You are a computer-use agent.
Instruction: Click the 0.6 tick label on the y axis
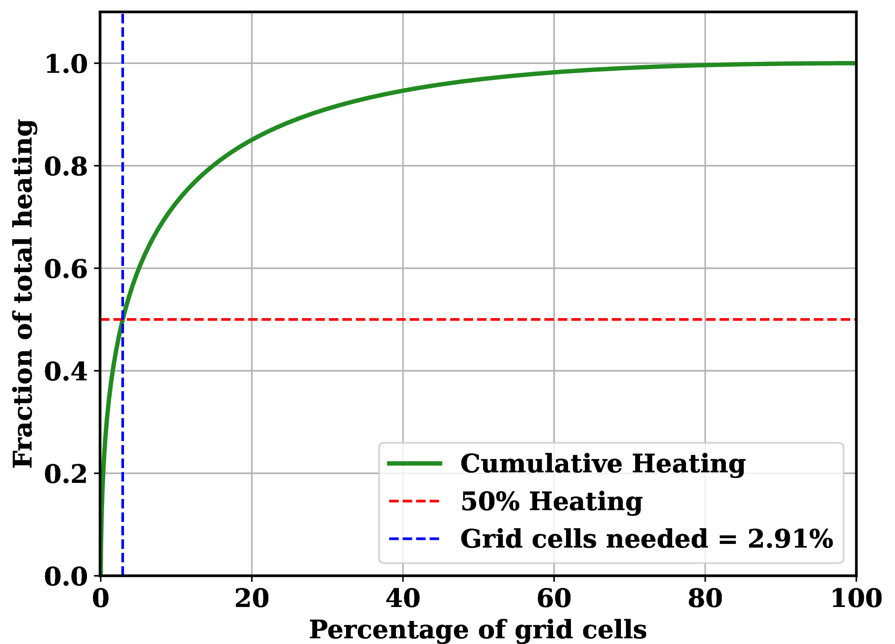tap(66, 269)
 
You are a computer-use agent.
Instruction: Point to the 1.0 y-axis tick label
tap(66, 64)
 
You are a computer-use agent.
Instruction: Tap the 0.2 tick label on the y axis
tap(66, 474)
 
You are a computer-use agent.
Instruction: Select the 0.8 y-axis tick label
tap(66, 166)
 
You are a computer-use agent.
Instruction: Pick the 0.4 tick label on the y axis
tap(66, 371)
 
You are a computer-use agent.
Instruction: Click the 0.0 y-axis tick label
tap(66, 576)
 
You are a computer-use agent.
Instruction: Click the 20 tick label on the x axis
tap(252, 598)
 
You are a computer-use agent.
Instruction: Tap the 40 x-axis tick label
tap(403, 598)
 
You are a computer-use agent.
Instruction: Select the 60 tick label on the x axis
tap(554, 598)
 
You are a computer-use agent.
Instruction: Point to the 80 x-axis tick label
tap(705, 598)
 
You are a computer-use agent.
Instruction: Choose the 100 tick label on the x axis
tap(856, 598)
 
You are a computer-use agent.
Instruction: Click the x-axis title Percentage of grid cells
tap(478, 630)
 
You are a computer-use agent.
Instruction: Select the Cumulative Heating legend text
tap(603, 463)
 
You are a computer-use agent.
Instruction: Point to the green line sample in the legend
tap(414, 463)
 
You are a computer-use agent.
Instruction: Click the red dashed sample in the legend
tap(414, 501)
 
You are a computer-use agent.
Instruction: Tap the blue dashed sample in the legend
tap(414, 539)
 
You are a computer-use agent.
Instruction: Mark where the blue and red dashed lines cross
tap(122, 319)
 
